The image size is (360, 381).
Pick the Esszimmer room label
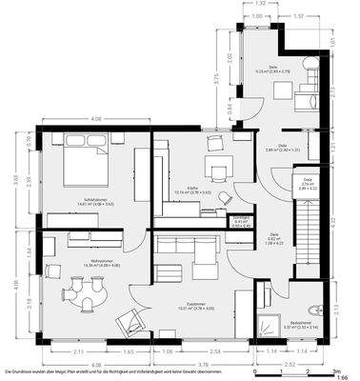(x=196, y=307)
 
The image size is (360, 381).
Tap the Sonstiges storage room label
(x=242, y=220)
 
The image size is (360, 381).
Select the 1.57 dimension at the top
(x=298, y=16)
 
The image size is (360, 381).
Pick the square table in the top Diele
(x=285, y=89)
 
